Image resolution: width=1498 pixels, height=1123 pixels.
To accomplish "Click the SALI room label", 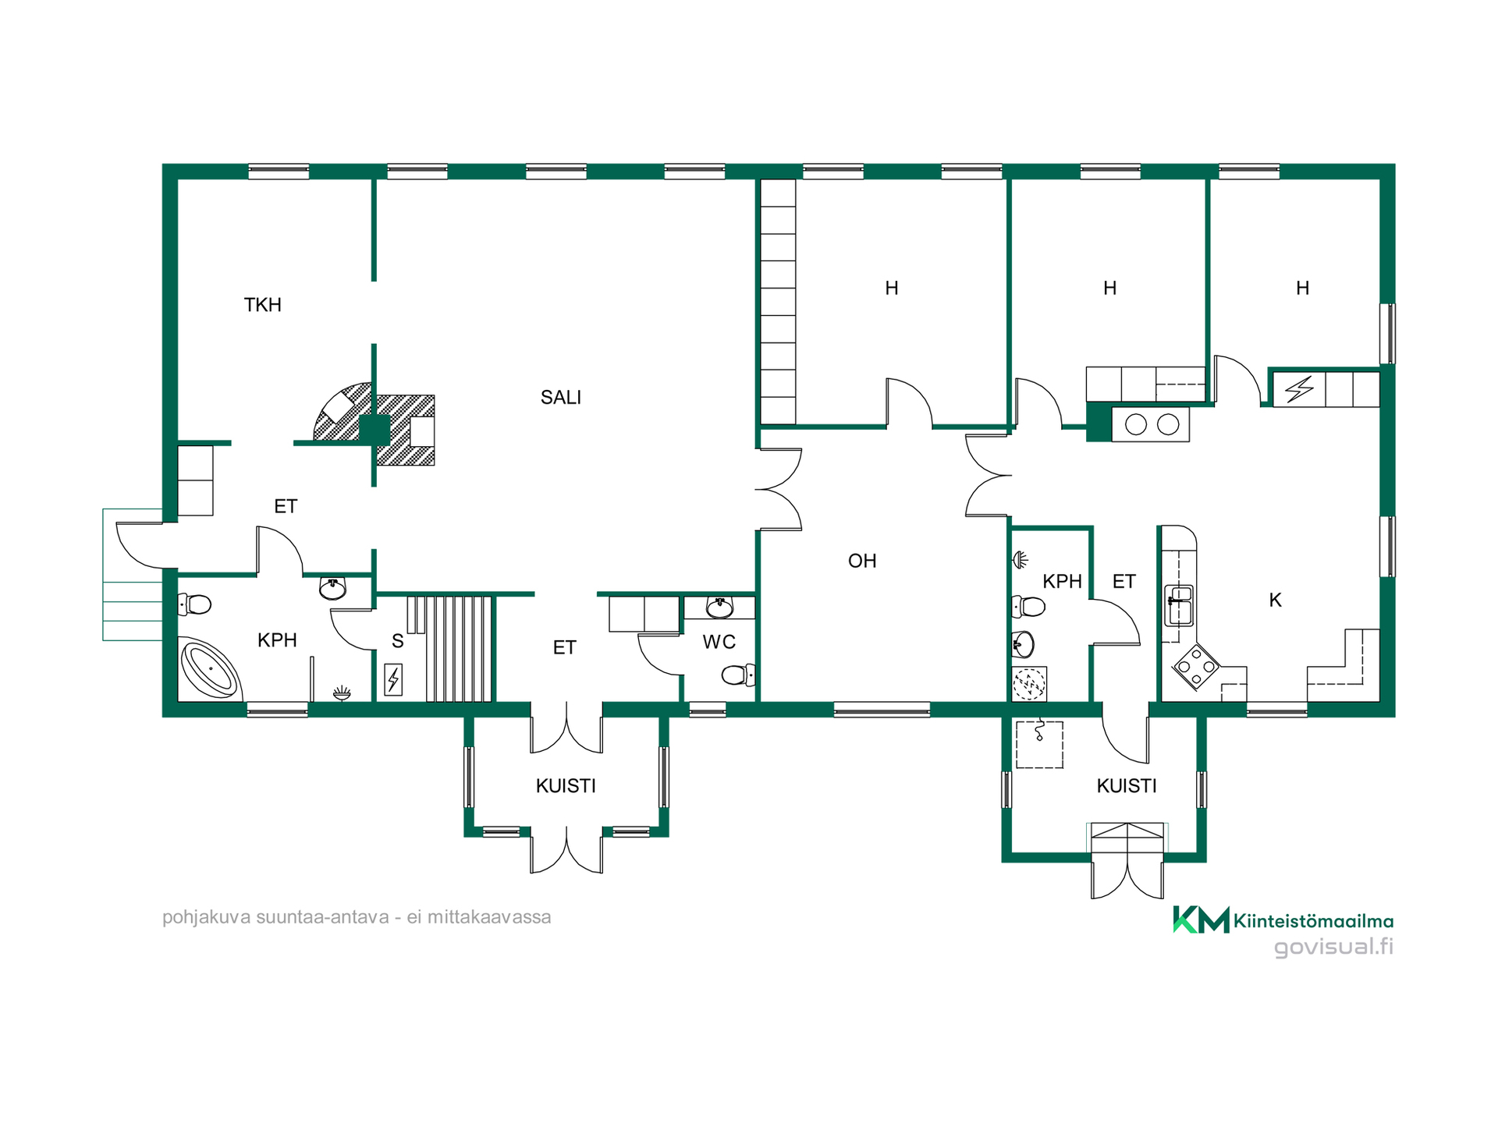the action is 561,398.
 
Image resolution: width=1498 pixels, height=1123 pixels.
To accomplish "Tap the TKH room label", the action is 262,305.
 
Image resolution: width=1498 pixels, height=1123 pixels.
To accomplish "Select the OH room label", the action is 862,561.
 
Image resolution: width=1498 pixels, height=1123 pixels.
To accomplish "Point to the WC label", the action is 719,642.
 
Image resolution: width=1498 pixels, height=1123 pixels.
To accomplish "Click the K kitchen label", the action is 1275,600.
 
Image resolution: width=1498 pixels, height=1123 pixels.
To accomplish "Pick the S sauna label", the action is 397,641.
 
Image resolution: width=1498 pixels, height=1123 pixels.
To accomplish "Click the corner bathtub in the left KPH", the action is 209,669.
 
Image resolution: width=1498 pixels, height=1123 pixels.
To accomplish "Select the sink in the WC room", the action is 719,607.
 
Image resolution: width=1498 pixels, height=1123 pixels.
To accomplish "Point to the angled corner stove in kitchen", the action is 1196,667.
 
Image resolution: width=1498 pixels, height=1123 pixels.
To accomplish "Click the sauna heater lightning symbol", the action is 393,679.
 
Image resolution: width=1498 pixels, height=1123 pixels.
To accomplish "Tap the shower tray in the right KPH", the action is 1029,684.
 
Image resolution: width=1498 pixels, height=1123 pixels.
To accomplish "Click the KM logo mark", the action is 1202,919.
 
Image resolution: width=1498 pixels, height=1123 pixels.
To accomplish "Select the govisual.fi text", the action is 1333,947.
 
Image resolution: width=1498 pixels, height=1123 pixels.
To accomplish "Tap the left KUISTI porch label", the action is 566,786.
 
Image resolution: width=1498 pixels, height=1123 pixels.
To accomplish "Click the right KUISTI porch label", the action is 1127,786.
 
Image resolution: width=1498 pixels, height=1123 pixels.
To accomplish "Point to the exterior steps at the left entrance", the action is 133,575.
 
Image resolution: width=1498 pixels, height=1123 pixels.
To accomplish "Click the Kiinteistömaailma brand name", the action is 1313,921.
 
